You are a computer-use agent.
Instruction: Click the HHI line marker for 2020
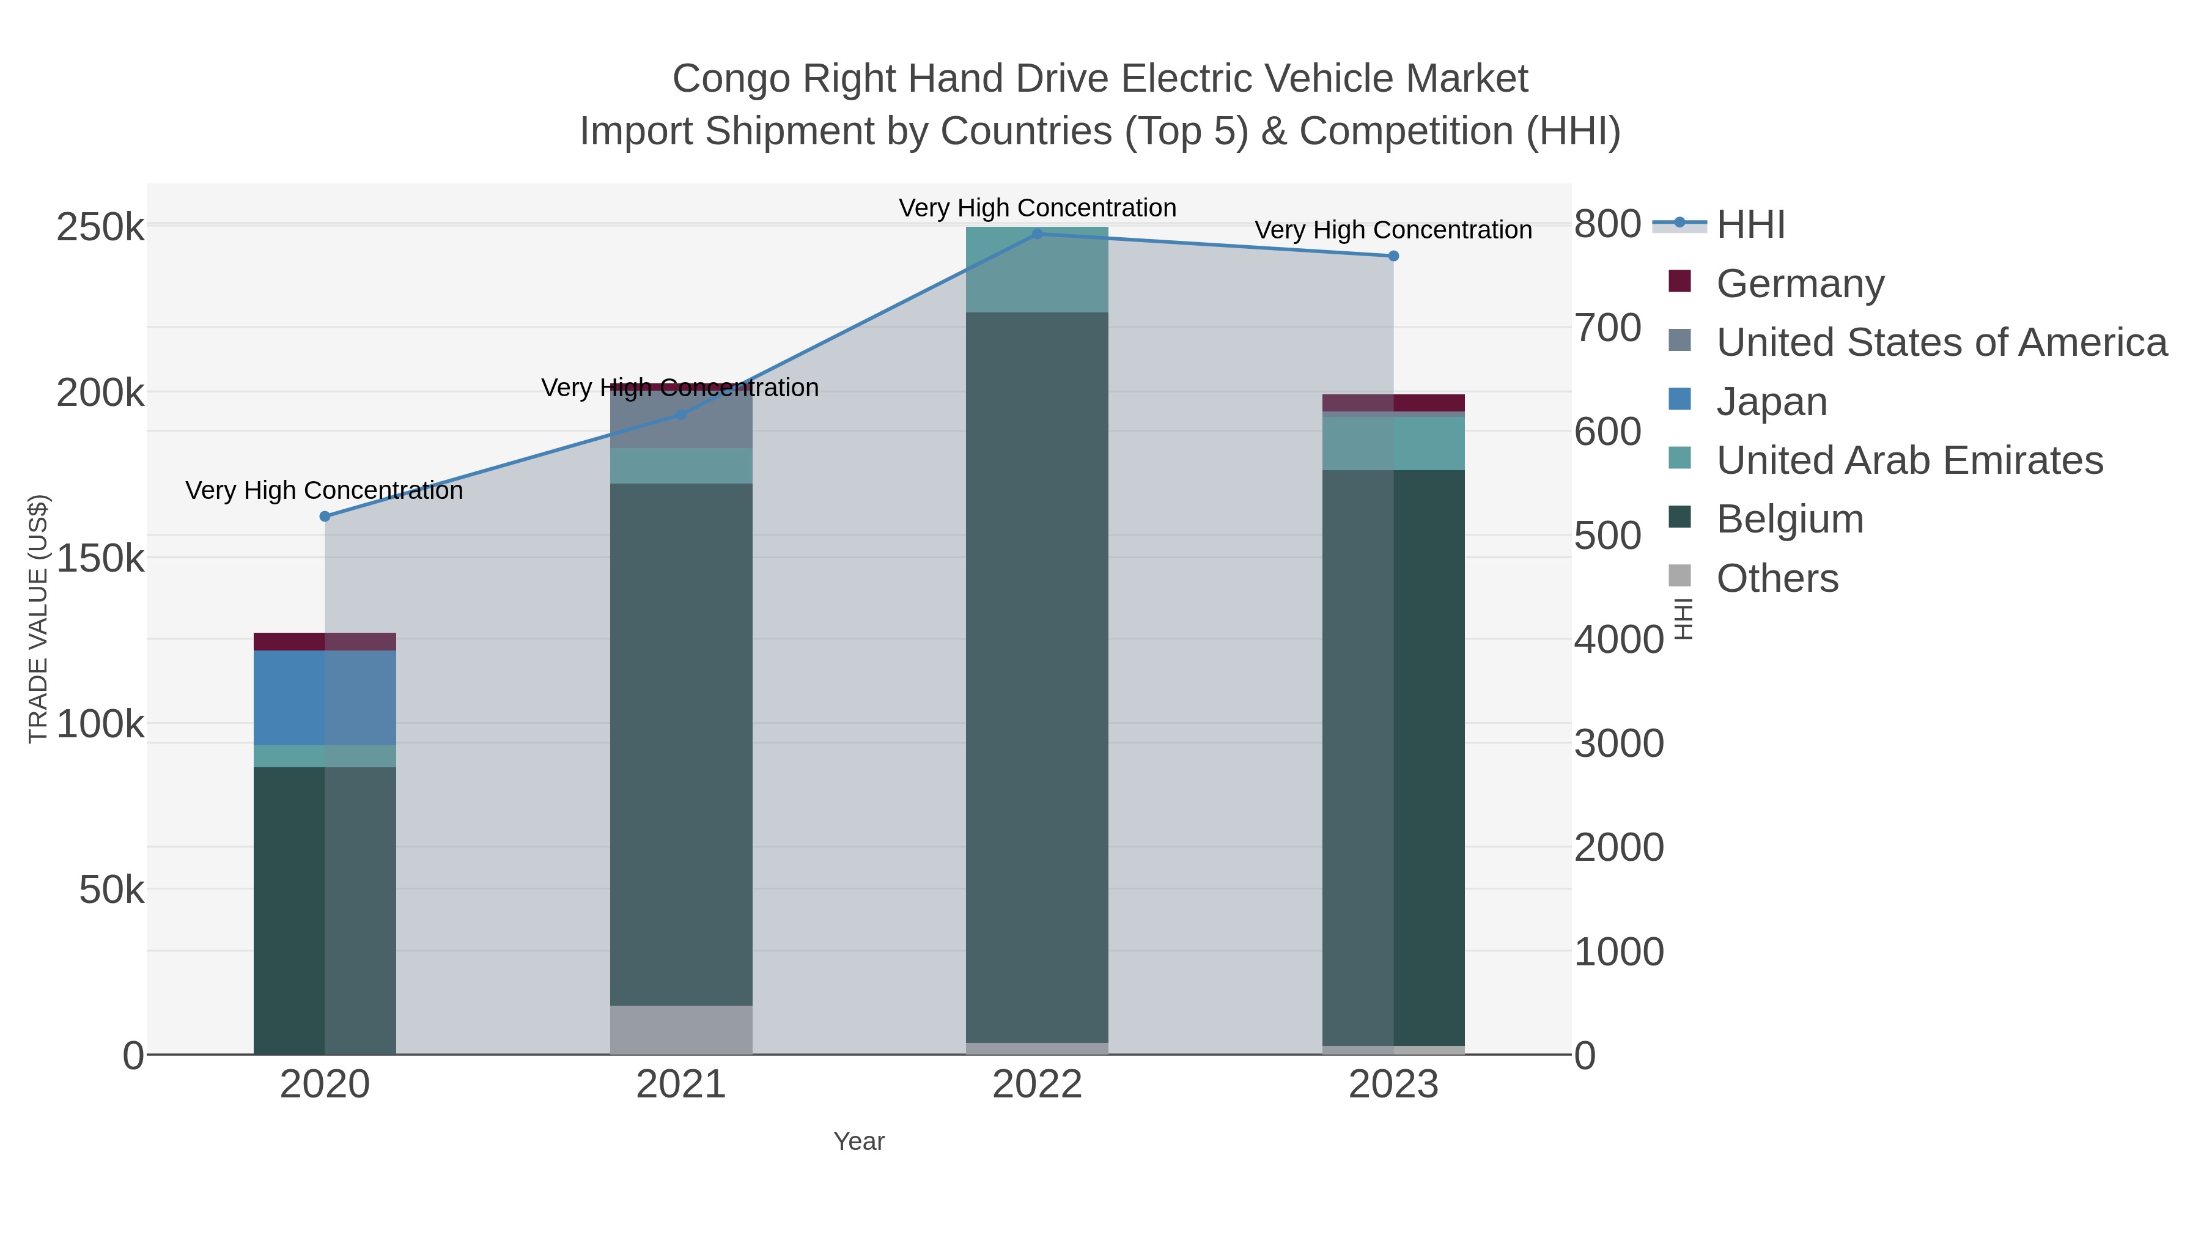tap(325, 516)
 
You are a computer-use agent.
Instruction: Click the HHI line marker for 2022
tap(1038, 234)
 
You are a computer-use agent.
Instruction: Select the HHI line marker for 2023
tap(1393, 256)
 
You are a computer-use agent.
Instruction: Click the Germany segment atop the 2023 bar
tap(1393, 402)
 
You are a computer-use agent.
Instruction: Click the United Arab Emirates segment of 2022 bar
tap(1038, 269)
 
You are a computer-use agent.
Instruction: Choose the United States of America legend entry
tap(1941, 342)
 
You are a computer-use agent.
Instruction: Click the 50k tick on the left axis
tap(111, 890)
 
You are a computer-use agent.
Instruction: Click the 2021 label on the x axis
tap(681, 1084)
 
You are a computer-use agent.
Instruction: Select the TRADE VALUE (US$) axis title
tap(39, 619)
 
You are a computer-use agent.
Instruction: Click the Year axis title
tap(859, 1141)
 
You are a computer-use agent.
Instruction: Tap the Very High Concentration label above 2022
tap(1038, 208)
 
